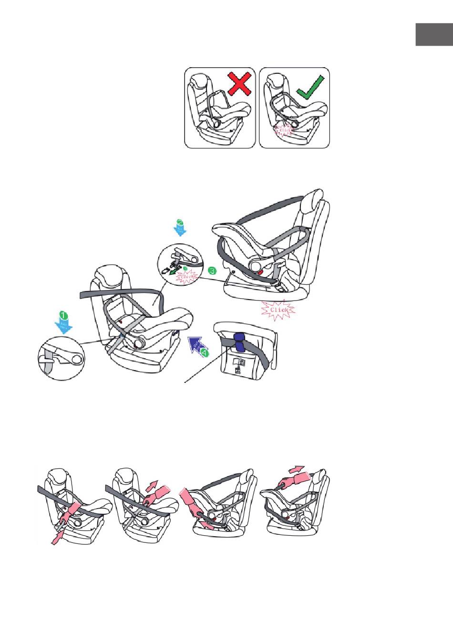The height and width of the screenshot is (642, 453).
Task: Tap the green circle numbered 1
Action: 62,315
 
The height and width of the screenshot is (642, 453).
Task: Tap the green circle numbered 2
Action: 180,222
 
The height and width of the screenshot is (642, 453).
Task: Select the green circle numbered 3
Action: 212,271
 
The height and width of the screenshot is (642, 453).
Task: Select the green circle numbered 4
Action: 205,353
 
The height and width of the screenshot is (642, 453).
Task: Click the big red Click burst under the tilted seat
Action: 278,310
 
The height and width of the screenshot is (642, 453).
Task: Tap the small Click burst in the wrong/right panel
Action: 285,130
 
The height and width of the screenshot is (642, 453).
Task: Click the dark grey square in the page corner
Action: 433,34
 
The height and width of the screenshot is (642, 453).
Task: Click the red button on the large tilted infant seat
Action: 261,272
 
